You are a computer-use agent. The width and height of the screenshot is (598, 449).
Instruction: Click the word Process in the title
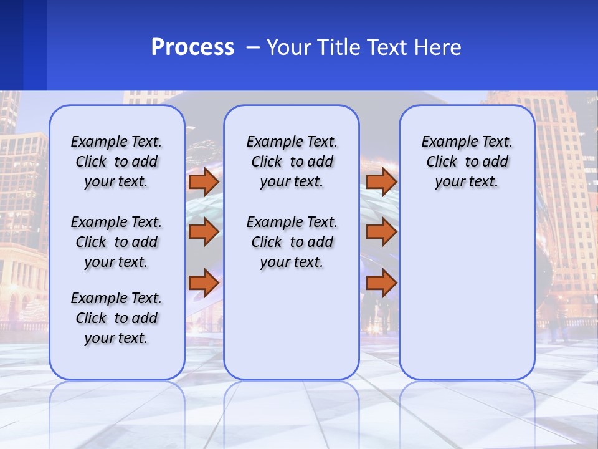192,47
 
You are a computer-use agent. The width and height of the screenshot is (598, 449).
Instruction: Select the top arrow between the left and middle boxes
203,181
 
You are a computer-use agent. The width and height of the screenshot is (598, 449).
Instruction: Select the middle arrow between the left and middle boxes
203,232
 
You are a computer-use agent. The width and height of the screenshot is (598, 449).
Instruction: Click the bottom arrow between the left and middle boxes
203,283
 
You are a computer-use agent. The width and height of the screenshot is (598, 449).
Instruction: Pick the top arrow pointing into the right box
381,181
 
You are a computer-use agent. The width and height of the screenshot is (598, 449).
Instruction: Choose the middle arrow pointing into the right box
381,232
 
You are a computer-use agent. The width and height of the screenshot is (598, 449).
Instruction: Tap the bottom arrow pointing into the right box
381,283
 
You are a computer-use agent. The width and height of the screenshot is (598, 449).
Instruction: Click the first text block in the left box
116,162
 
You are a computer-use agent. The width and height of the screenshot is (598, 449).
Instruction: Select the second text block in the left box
116,242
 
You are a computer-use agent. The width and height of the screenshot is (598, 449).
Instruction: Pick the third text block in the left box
116,318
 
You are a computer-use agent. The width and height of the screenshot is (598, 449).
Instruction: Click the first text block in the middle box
292,162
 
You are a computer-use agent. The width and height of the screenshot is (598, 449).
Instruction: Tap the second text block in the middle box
292,242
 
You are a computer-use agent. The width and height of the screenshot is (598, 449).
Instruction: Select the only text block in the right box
467,162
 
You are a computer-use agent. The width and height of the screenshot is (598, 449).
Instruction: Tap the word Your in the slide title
289,47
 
